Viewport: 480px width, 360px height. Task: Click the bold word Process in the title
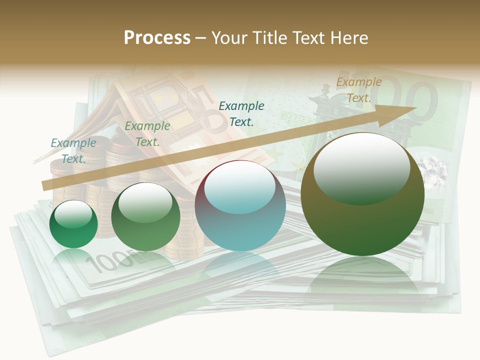157,38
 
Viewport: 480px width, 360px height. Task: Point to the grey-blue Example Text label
73,150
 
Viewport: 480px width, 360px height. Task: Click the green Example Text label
147,134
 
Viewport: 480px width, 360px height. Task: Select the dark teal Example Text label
241,113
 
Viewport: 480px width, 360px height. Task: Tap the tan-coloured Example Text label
358,90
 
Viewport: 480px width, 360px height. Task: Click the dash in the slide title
200,38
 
